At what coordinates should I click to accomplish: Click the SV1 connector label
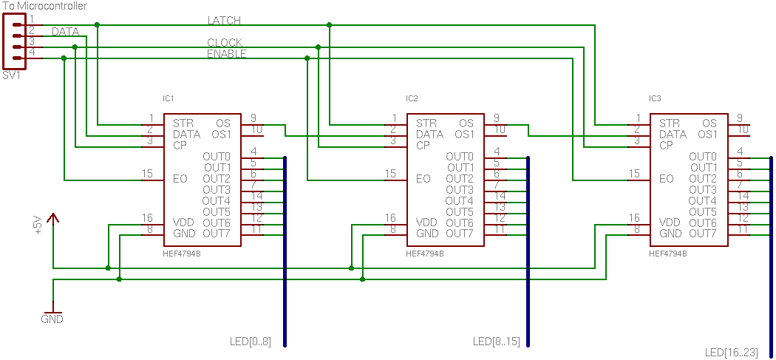(x=12, y=75)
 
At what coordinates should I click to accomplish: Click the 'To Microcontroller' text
(x=44, y=7)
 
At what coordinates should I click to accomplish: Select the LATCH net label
(x=223, y=21)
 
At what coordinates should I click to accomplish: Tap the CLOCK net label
(x=224, y=43)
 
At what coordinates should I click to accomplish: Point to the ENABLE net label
(x=226, y=54)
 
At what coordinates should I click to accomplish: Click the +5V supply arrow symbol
(x=52, y=219)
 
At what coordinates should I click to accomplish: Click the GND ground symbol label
(x=52, y=319)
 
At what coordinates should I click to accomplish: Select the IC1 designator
(x=168, y=98)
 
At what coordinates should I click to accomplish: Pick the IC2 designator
(x=412, y=98)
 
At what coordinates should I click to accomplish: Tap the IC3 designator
(x=655, y=98)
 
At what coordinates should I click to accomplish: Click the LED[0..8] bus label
(x=251, y=341)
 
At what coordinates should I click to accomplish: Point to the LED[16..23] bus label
(x=732, y=352)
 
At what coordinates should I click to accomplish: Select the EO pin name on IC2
(x=423, y=179)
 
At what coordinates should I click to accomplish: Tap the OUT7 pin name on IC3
(x=702, y=234)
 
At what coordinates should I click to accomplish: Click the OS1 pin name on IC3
(x=707, y=135)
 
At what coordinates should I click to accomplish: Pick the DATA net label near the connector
(x=65, y=32)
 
